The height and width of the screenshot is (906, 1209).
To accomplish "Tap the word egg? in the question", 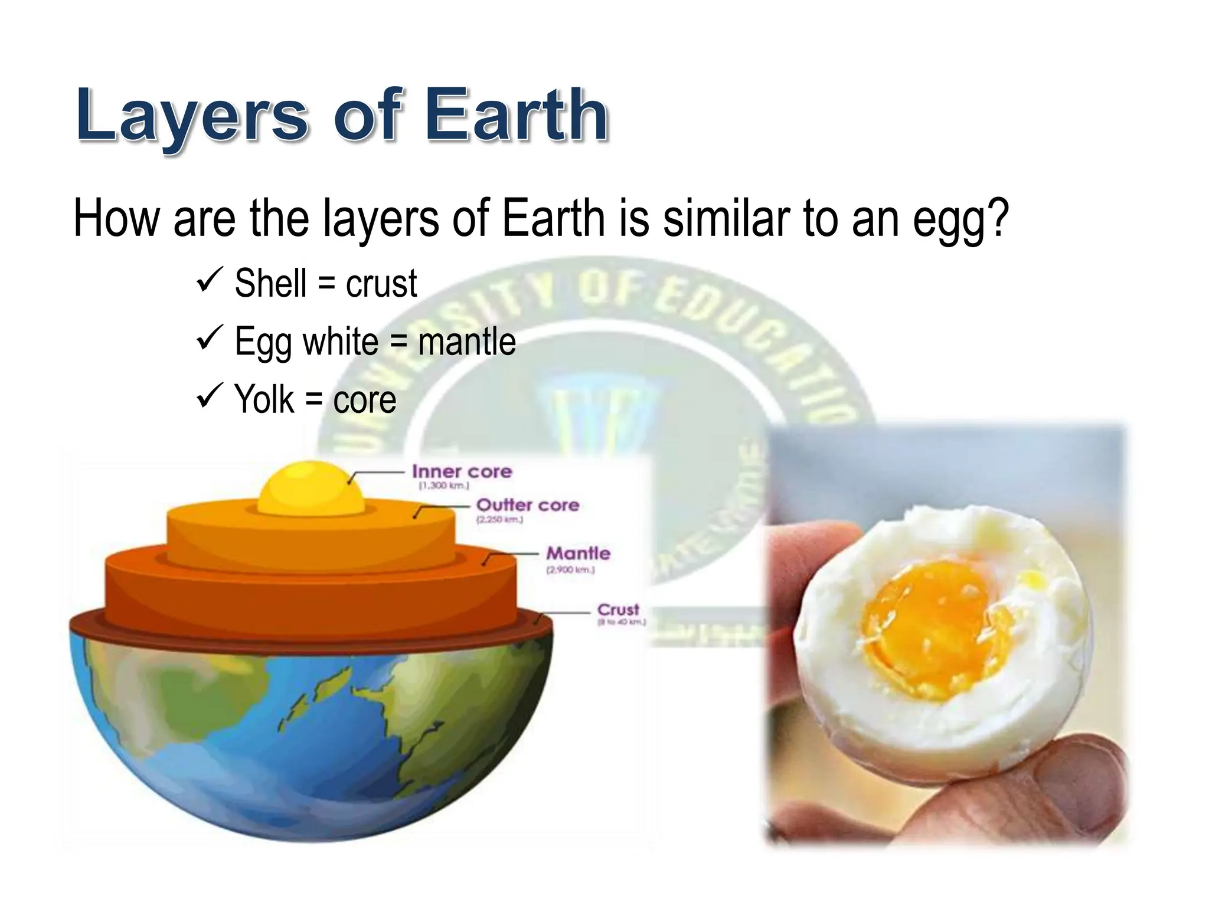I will pyautogui.click(x=960, y=219).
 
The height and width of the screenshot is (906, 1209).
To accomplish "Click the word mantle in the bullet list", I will pyautogui.click(x=466, y=342).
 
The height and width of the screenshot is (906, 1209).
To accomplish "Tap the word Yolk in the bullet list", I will pyautogui.click(x=264, y=399).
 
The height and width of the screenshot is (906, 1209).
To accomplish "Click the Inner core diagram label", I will pyautogui.click(x=462, y=472).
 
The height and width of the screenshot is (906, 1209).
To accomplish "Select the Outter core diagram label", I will pyautogui.click(x=527, y=505).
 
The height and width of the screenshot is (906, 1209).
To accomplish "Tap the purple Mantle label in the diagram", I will pyautogui.click(x=578, y=553).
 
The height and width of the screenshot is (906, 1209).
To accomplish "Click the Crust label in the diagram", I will pyautogui.click(x=618, y=609).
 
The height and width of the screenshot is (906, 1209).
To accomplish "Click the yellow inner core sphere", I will pyautogui.click(x=311, y=490).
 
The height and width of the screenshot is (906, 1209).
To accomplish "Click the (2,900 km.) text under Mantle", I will pyautogui.click(x=570, y=570).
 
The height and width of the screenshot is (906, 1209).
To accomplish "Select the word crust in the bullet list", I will pyautogui.click(x=381, y=283).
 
